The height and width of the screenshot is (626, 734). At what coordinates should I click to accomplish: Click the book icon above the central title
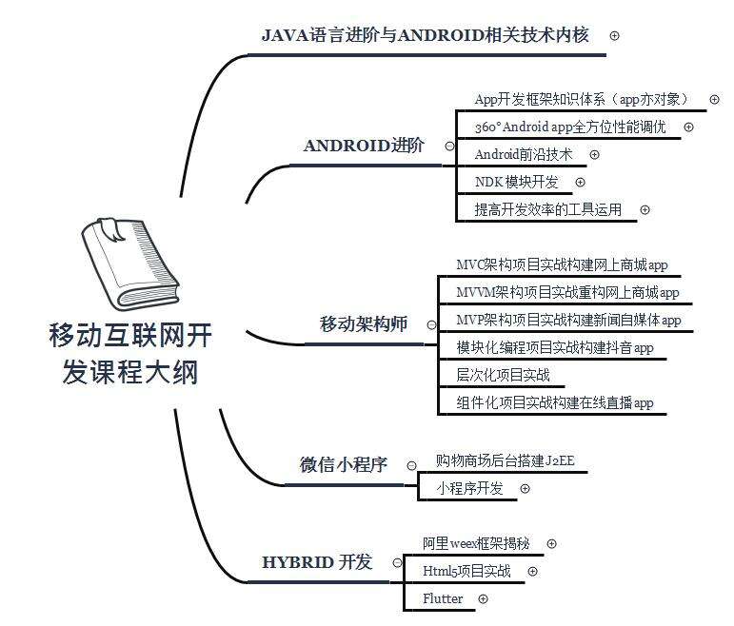(x=129, y=264)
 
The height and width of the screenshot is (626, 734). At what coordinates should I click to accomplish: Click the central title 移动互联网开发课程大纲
(x=130, y=353)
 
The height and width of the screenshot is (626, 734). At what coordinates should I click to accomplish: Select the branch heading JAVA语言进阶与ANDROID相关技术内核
(x=425, y=35)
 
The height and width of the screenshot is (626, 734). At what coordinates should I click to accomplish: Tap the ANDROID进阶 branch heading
(x=364, y=146)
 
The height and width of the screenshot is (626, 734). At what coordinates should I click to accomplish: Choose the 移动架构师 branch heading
(x=363, y=324)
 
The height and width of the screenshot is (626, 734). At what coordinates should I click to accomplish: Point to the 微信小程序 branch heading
(x=343, y=465)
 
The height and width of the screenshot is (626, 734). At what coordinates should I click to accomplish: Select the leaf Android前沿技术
(x=524, y=154)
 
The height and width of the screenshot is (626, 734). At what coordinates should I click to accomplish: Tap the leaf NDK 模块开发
(x=516, y=182)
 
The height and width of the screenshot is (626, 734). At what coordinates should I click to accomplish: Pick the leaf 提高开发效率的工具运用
(x=547, y=209)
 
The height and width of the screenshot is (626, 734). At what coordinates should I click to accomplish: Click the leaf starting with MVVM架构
(x=568, y=292)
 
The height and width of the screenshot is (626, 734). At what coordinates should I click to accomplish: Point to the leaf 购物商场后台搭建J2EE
(x=499, y=461)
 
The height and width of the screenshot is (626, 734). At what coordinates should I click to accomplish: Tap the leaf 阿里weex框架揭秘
(x=476, y=543)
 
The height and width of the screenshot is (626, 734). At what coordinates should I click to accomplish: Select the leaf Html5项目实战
(x=466, y=571)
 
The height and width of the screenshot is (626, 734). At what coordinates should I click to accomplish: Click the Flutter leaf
(x=443, y=598)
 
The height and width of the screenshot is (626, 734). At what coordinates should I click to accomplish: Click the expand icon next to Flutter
(x=483, y=598)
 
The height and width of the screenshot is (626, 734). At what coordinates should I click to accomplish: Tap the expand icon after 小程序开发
(x=525, y=488)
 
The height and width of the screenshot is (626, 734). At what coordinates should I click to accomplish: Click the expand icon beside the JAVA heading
(x=614, y=35)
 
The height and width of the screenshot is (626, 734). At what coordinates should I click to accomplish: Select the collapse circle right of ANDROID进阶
(x=449, y=147)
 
